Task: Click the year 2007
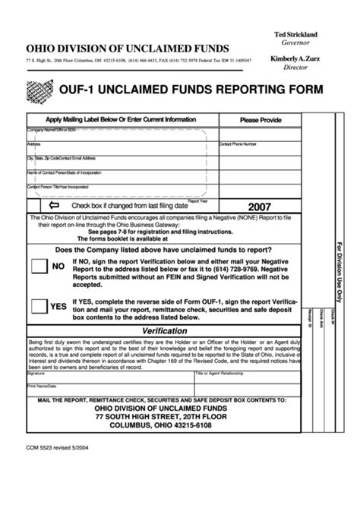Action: click(x=260, y=207)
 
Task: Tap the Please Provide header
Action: click(x=261, y=120)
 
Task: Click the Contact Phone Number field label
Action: click(x=238, y=144)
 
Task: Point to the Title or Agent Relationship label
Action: click(x=221, y=374)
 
